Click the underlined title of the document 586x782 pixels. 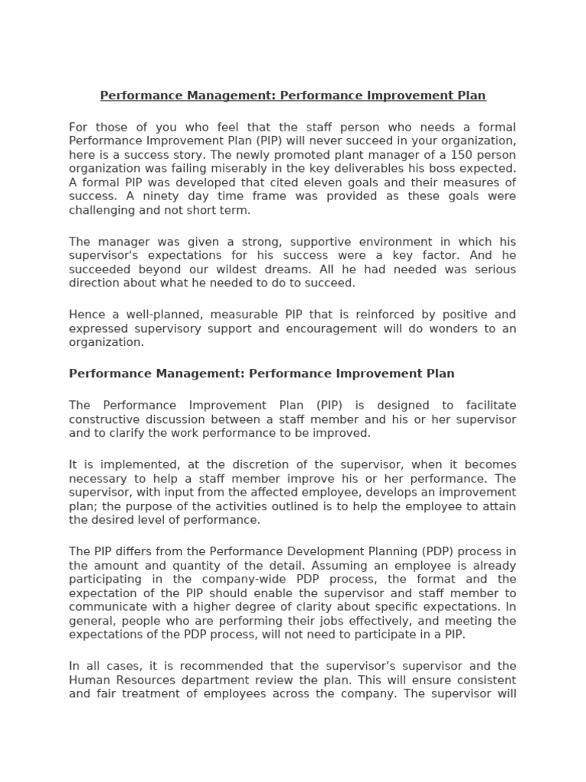tap(293, 95)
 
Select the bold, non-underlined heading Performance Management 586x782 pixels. tap(262, 373)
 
